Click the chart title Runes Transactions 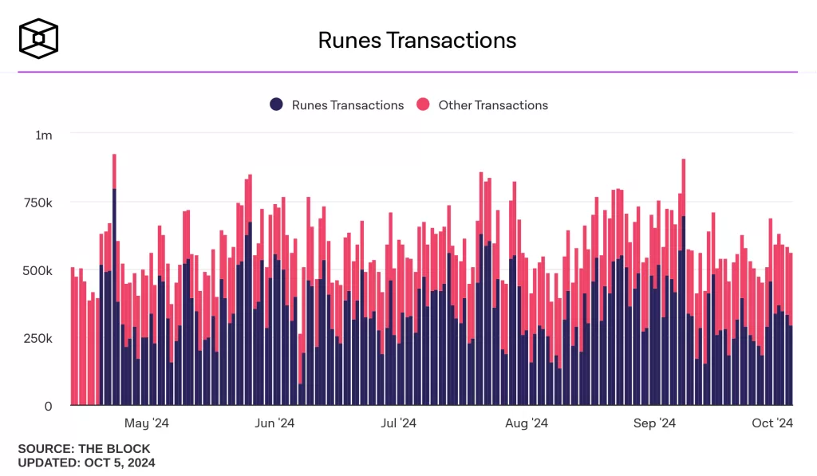(416, 41)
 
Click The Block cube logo (39, 38)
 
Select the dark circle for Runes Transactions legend (277, 104)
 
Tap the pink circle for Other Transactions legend (424, 104)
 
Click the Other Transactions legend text (493, 105)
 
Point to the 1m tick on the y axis (44, 136)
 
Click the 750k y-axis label (37, 203)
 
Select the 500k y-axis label (37, 271)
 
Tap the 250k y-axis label (37, 339)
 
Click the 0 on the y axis (48, 407)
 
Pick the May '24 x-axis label (148, 423)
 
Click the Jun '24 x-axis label (274, 423)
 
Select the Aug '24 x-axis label (527, 423)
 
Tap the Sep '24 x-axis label (655, 423)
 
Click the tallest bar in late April (114, 279)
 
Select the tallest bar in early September (684, 279)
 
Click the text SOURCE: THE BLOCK (84, 449)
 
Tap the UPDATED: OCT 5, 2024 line (86, 462)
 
